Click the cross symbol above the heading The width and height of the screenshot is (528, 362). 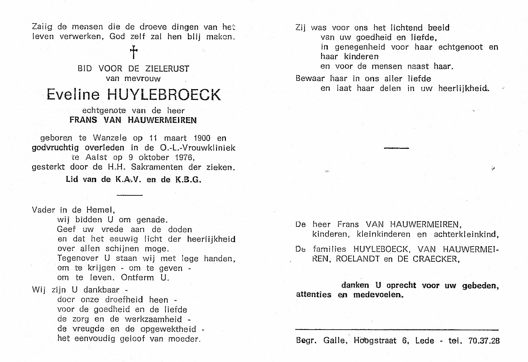pos(134,52)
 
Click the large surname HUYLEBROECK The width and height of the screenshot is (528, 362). pos(164,95)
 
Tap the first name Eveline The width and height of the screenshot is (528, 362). pos(73,95)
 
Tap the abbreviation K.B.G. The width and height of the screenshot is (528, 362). pos(188,180)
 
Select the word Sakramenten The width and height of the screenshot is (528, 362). pos(157,167)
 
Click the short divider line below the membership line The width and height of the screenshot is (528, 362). pos(129,195)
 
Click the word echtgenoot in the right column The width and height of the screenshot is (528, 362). pos(460,47)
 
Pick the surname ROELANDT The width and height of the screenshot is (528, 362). pos(358,259)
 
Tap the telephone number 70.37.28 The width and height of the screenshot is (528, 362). pos(484,341)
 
